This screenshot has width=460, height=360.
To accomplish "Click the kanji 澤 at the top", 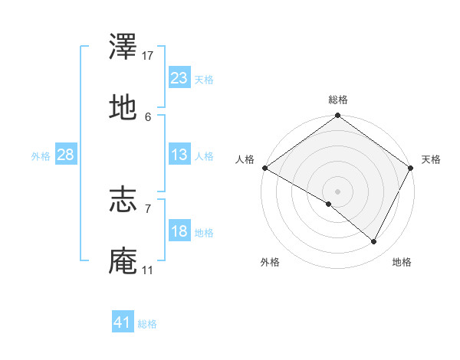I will [x=123, y=47].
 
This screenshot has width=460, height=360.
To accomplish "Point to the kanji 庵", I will [x=123, y=260].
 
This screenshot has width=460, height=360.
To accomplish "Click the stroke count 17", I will [x=148, y=56].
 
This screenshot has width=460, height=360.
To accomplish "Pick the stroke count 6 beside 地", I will [x=148, y=116].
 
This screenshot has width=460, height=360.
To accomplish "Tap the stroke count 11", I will [x=148, y=270].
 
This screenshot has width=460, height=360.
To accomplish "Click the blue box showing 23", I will [x=179, y=78].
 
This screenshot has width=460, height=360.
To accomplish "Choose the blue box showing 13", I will [x=179, y=155].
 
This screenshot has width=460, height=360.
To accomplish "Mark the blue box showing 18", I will [x=179, y=231].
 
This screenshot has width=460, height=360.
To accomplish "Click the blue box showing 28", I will [x=65, y=155].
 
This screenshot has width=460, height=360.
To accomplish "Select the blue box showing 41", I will [x=123, y=322].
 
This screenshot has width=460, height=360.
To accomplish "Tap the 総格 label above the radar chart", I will [x=338, y=100].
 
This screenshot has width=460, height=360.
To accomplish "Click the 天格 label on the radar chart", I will [x=431, y=159].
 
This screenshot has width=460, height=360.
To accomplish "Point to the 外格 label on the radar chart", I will [x=270, y=263].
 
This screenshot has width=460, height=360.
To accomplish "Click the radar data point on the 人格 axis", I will [x=264, y=168].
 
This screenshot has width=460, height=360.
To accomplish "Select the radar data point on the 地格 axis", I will [x=374, y=242].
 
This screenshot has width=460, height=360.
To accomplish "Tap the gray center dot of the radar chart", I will [x=337, y=191].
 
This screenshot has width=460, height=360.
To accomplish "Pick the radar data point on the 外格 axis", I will [x=329, y=204].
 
